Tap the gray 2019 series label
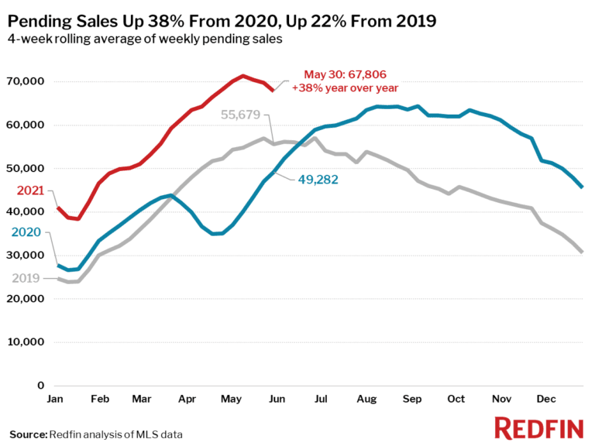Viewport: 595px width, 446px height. [x=26, y=277]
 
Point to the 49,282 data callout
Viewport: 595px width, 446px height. [x=318, y=178]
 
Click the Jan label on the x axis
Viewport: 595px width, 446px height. [x=56, y=399]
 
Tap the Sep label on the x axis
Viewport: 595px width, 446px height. [x=411, y=399]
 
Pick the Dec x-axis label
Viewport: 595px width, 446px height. [x=545, y=399]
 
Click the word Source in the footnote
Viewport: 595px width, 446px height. [x=28, y=434]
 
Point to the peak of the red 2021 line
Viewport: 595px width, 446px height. [x=243, y=76]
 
